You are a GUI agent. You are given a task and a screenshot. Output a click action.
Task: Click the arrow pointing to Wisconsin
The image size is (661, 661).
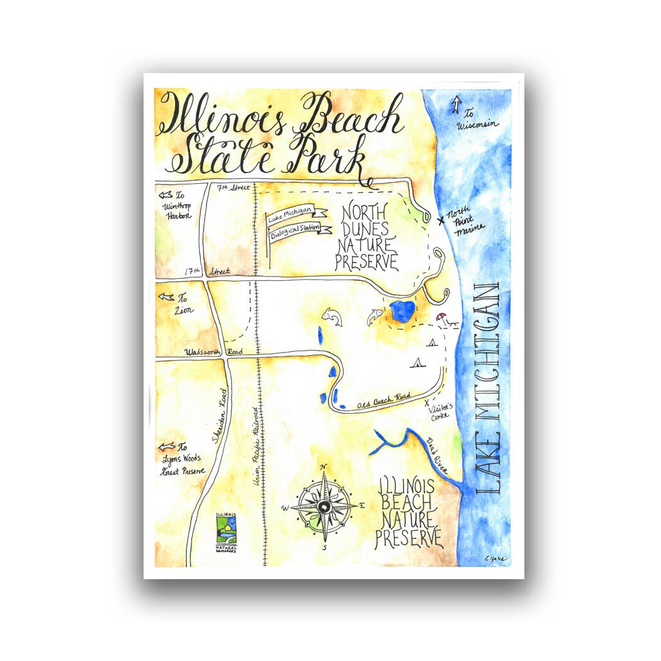point(456,105)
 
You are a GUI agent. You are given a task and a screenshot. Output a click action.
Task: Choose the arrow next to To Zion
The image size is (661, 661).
point(167,296)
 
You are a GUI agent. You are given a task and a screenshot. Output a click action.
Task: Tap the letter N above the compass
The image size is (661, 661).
point(324,466)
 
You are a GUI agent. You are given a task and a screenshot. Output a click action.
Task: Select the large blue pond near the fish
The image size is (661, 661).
point(402,312)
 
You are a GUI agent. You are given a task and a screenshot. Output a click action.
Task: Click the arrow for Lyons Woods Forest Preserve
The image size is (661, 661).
point(167,446)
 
